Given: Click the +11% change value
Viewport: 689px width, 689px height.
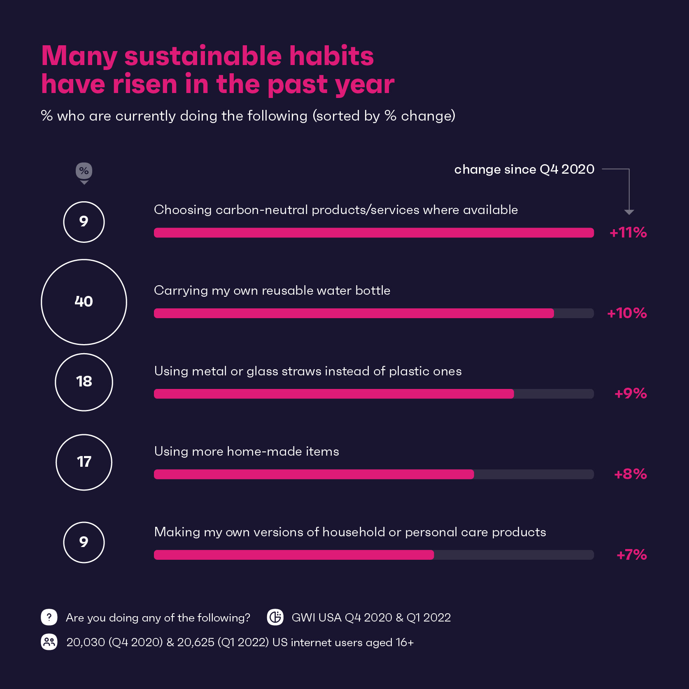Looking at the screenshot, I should pyautogui.click(x=628, y=233).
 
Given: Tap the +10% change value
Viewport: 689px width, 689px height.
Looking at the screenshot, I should pyautogui.click(x=627, y=313).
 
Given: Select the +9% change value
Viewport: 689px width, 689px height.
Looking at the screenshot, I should pyautogui.click(x=631, y=393).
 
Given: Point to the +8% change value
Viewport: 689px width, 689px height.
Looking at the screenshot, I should pyautogui.click(x=631, y=474).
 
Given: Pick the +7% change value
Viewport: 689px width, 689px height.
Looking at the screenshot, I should pyautogui.click(x=632, y=555).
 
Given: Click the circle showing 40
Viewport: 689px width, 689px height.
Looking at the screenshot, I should pyautogui.click(x=84, y=302).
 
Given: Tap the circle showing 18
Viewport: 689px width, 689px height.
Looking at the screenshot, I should pyautogui.click(x=84, y=382).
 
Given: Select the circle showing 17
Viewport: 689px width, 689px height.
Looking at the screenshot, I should pyautogui.click(x=84, y=462).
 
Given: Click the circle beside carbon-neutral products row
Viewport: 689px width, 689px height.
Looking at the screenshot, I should pyautogui.click(x=84, y=222).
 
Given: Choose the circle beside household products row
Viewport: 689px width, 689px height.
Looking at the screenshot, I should pyautogui.click(x=84, y=542).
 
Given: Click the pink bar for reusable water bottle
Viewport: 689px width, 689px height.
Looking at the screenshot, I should pyautogui.click(x=354, y=313).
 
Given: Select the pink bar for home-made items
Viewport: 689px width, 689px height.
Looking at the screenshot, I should pyautogui.click(x=314, y=474).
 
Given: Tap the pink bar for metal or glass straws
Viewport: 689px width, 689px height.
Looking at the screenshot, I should pyautogui.click(x=334, y=394).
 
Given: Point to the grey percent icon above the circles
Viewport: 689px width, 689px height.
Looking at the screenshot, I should pyautogui.click(x=84, y=171).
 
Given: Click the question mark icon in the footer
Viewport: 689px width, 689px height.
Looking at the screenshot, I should pyautogui.click(x=49, y=617).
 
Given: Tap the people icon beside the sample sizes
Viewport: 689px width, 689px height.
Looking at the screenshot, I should pyautogui.click(x=49, y=642).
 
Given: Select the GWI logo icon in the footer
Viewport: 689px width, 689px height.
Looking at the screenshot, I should pyautogui.click(x=275, y=617).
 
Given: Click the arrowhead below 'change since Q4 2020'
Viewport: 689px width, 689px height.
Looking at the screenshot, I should pyautogui.click(x=629, y=212).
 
